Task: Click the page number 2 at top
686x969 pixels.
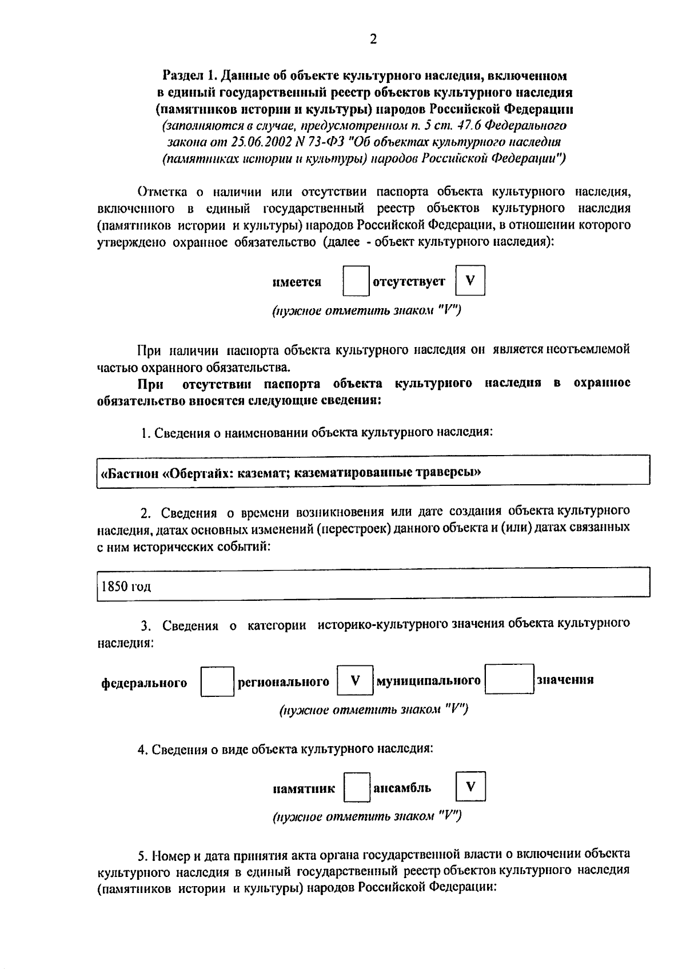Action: pyautogui.click(x=373, y=39)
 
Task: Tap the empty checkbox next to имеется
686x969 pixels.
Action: pyautogui.click(x=356, y=281)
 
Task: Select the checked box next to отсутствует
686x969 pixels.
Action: pyautogui.click(x=470, y=281)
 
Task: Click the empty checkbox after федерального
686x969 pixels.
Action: pyautogui.click(x=217, y=681)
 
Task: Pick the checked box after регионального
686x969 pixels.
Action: pyautogui.click(x=355, y=680)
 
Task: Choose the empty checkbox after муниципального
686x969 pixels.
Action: pyautogui.click(x=509, y=679)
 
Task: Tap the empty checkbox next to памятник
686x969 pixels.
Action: pyautogui.click(x=357, y=787)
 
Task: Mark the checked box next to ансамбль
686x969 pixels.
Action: pyautogui.click(x=470, y=787)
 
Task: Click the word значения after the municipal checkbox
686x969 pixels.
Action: pyautogui.click(x=565, y=680)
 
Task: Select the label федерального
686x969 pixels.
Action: pyautogui.click(x=144, y=683)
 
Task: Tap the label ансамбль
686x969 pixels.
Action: pyautogui.click(x=402, y=788)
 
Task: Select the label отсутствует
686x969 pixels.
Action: pyautogui.click(x=409, y=282)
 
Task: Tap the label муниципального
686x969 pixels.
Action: pyautogui.click(x=428, y=680)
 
